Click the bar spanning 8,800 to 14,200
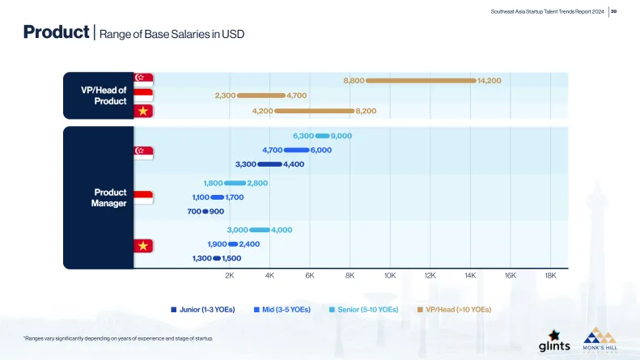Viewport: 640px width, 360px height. coord(421,81)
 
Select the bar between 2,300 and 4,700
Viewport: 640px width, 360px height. coord(261,95)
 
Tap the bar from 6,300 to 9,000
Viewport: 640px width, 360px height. coord(322,136)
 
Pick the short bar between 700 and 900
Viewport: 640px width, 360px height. coord(206,211)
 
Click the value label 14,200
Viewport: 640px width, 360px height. coord(490,81)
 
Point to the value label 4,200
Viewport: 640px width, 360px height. coord(262,110)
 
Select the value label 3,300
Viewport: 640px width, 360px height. coord(245,164)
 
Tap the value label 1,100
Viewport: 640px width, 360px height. coord(201,197)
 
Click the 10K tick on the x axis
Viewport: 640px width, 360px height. coord(390,276)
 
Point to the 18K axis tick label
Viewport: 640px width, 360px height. coord(550,276)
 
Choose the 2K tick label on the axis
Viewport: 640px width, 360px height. coord(230,276)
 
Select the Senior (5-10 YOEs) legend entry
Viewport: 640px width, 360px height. coord(364,309)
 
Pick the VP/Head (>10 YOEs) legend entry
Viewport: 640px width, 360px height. coord(454,309)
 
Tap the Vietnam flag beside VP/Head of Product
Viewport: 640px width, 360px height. coord(143,110)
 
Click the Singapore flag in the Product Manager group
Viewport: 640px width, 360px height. coord(143,150)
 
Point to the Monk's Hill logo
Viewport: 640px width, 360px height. coord(601,339)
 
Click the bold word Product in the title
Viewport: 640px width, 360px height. coord(56,33)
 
